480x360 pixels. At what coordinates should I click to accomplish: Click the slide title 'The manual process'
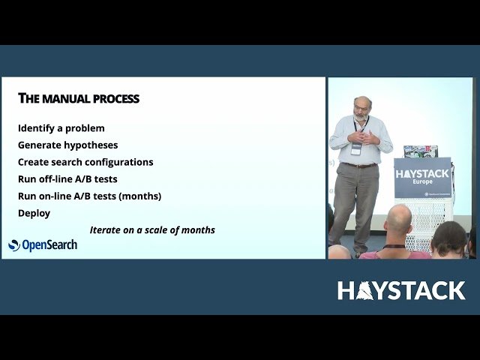[79, 99]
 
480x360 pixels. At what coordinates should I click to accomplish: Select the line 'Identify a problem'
[61, 128]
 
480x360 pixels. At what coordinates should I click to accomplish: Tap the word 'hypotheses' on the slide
[91, 145]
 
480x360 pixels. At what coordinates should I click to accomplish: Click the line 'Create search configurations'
[85, 162]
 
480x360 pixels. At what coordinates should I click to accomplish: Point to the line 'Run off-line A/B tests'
[67, 179]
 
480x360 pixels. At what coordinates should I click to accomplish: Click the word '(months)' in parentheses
[139, 196]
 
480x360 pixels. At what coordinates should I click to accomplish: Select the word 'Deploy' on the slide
[34, 213]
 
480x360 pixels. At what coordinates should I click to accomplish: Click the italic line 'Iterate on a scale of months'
[152, 230]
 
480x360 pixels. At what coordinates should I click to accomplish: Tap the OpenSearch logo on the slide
[43, 245]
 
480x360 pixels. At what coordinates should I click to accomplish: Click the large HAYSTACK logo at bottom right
[401, 291]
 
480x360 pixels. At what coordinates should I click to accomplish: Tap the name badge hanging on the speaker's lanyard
[356, 148]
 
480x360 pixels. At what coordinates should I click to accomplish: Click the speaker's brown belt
[359, 165]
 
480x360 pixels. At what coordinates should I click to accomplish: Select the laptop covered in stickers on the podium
[420, 151]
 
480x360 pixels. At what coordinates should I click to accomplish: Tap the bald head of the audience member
[398, 218]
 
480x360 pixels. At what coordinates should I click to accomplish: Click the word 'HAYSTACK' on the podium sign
[423, 174]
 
